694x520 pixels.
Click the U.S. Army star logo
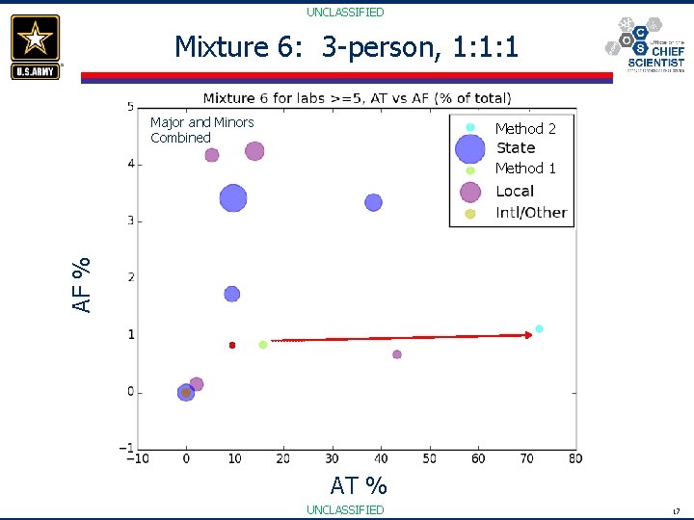pyautogui.click(x=36, y=46)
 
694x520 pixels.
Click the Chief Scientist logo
pyautogui.click(x=646, y=44)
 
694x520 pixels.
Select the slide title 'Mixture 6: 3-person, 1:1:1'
pyautogui.click(x=346, y=46)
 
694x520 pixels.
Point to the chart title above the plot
pyautogui.click(x=358, y=98)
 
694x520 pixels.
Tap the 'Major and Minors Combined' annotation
pyautogui.click(x=201, y=130)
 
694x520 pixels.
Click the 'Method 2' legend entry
pyautogui.click(x=524, y=128)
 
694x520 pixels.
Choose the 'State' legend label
pyautogui.click(x=515, y=148)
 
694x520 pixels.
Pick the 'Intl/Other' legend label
pyautogui.click(x=530, y=213)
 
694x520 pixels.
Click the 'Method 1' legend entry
pyautogui.click(x=524, y=169)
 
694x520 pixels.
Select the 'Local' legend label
pyautogui.click(x=514, y=191)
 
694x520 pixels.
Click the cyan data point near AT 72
pyautogui.click(x=539, y=329)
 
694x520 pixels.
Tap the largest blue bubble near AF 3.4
pyautogui.click(x=232, y=198)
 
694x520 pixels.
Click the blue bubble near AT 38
pyautogui.click(x=373, y=202)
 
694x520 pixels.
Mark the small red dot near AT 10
pyautogui.click(x=232, y=345)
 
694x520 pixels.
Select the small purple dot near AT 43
pyautogui.click(x=397, y=354)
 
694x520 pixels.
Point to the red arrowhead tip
pyautogui.click(x=531, y=335)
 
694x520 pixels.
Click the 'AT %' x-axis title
pyautogui.click(x=358, y=485)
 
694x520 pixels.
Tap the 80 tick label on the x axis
pyautogui.click(x=575, y=458)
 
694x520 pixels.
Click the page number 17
pyautogui.click(x=676, y=510)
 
